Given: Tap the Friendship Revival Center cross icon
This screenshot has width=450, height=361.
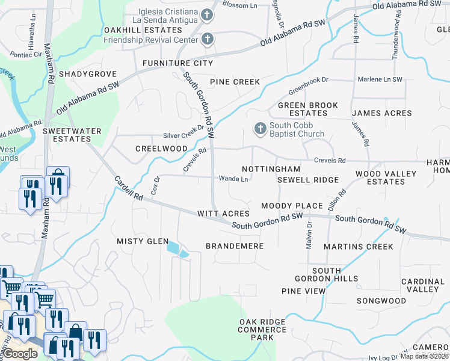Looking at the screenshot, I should click(207, 40).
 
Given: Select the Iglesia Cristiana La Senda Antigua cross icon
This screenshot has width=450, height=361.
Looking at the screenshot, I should click(207, 14).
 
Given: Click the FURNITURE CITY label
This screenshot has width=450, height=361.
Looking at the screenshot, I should click(177, 63).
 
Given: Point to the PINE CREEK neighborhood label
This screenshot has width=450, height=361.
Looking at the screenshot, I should click(235, 81).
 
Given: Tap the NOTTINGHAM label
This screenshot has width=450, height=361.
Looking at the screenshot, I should click(271, 170).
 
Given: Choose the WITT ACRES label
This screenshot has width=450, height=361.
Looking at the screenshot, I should click(223, 214).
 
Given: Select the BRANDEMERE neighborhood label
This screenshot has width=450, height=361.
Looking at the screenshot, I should click(235, 246).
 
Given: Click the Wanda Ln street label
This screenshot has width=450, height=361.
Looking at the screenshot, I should click(233, 179).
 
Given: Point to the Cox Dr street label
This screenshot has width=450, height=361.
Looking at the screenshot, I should click(155, 185).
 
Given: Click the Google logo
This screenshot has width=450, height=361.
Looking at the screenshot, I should click(20, 354).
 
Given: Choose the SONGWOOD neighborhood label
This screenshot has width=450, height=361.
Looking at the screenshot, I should click(381, 300).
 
